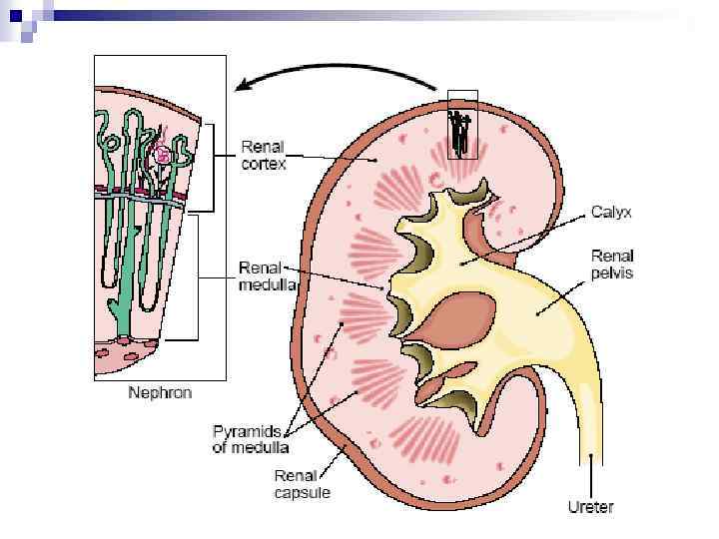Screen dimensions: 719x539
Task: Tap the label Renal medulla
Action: click(268, 276)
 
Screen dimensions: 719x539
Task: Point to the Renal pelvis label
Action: click(611, 265)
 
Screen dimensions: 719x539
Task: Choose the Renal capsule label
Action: click(302, 484)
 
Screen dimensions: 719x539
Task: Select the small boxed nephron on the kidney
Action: click(462, 125)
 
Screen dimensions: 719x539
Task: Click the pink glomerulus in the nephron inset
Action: click(163, 155)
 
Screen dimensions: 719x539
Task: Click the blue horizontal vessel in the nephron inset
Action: click(140, 199)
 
